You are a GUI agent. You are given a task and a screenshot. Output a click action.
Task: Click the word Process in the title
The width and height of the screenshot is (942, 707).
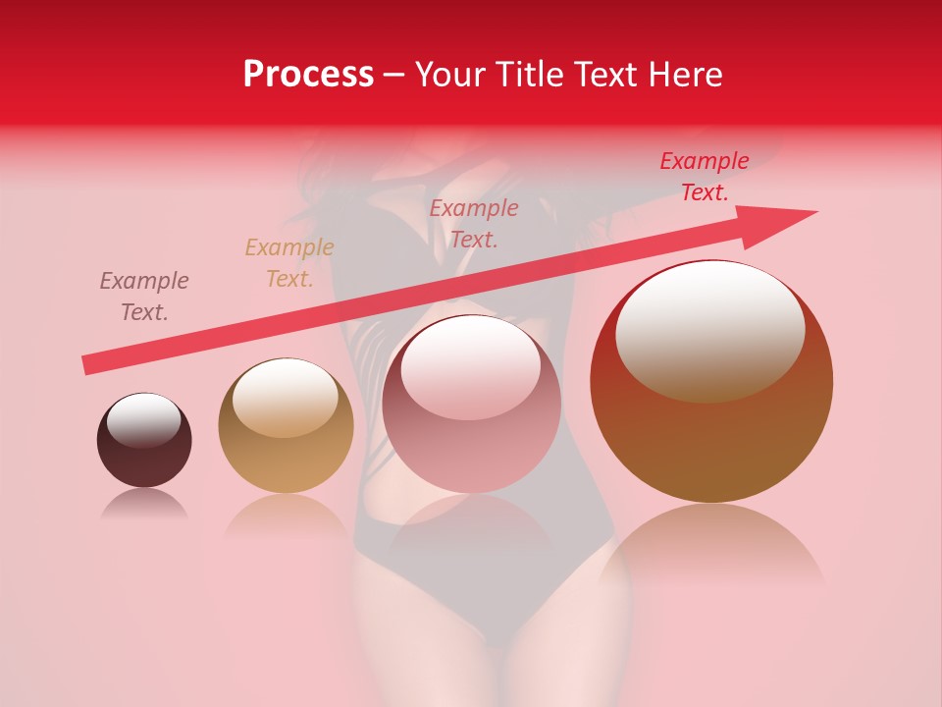(308, 75)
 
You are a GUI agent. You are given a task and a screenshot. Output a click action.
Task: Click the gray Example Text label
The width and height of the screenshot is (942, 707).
(144, 297)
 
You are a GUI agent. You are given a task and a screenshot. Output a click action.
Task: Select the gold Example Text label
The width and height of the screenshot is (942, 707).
(289, 263)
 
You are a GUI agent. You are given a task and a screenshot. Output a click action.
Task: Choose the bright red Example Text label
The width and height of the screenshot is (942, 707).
(704, 177)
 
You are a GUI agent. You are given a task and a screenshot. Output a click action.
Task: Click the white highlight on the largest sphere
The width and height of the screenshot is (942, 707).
(709, 331)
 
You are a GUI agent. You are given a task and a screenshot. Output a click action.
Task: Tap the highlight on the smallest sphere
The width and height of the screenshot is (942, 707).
(143, 420)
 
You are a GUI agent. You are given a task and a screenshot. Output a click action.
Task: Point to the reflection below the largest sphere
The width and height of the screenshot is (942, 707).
(711, 550)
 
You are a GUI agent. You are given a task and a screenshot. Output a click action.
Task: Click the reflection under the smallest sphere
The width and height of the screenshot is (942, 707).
(144, 504)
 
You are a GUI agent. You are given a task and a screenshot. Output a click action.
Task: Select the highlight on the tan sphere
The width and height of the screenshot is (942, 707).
(283, 396)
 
